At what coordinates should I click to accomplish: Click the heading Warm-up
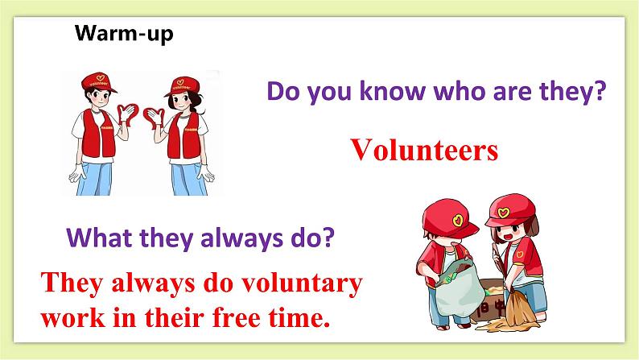123,34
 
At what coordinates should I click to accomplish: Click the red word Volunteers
423,150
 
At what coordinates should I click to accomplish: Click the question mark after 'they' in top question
597,93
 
